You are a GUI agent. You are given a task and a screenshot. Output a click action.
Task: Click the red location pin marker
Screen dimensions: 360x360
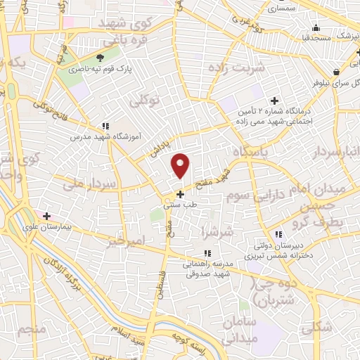(x=181, y=165)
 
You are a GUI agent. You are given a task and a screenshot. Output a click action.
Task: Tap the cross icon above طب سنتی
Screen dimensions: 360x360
(x=181, y=193)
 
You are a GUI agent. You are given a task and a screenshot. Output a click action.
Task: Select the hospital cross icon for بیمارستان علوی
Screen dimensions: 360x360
(x=46, y=216)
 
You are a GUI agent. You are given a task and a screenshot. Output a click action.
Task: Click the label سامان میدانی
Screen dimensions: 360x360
(x=241, y=330)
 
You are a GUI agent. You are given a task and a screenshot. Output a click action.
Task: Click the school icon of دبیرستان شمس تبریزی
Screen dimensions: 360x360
(x=279, y=235)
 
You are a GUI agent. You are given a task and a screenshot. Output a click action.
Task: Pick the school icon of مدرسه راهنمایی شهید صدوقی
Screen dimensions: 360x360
(x=207, y=253)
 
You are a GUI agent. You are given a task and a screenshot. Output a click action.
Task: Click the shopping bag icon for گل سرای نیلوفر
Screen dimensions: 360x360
(x=337, y=71)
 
